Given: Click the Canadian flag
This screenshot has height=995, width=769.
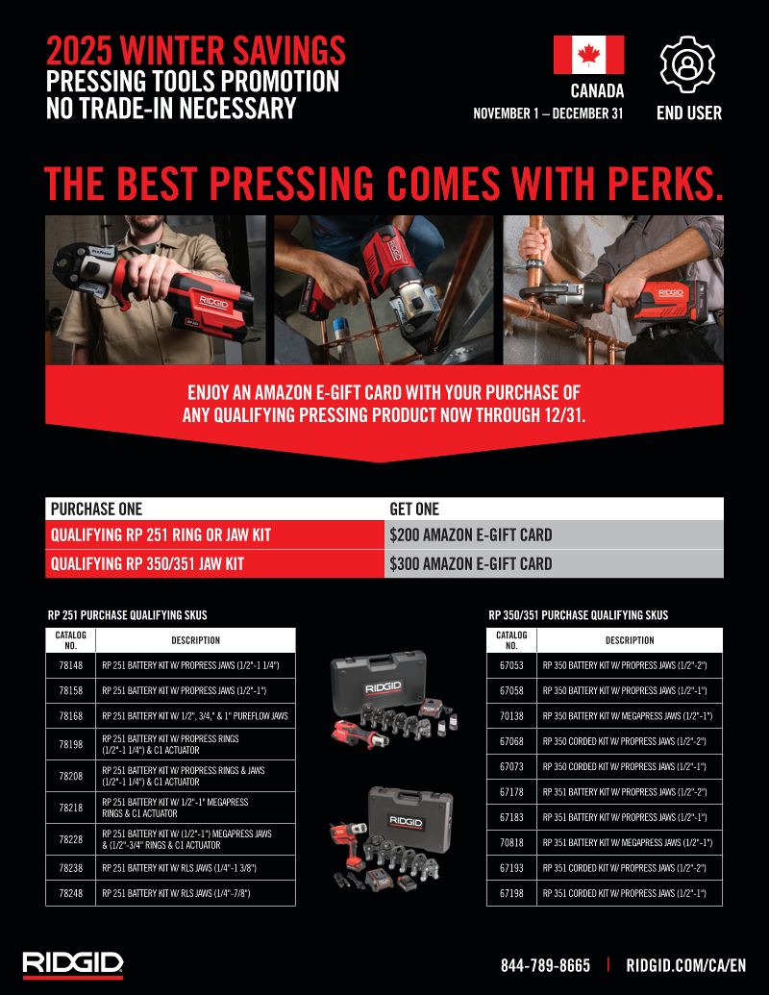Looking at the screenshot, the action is coord(588,55).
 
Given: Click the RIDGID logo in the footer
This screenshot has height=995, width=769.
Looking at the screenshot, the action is coord(73,964).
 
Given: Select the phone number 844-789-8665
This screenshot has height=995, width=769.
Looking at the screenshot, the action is coord(545,965).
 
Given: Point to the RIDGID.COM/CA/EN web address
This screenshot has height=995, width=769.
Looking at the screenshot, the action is coord(686,965).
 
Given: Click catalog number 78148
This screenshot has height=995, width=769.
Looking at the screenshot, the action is coord(71,665).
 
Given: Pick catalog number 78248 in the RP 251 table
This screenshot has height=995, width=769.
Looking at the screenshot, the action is coord(71,893).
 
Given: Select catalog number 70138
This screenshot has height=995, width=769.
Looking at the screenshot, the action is coord(511,716).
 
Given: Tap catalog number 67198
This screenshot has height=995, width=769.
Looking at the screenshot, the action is coord(511,893).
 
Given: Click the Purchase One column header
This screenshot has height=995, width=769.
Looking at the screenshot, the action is coord(96,509).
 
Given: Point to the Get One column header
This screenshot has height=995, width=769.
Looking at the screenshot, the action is coord(414,509).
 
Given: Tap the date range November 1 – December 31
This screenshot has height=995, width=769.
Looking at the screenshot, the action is coord(548,113).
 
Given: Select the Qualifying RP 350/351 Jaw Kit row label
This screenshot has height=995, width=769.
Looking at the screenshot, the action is coord(147,563).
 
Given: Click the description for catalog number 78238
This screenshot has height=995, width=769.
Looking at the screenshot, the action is coord(180,868).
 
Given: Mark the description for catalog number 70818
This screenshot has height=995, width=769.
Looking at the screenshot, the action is coord(628,843).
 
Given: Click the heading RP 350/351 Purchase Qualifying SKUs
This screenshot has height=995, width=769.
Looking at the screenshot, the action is coord(578,615).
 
